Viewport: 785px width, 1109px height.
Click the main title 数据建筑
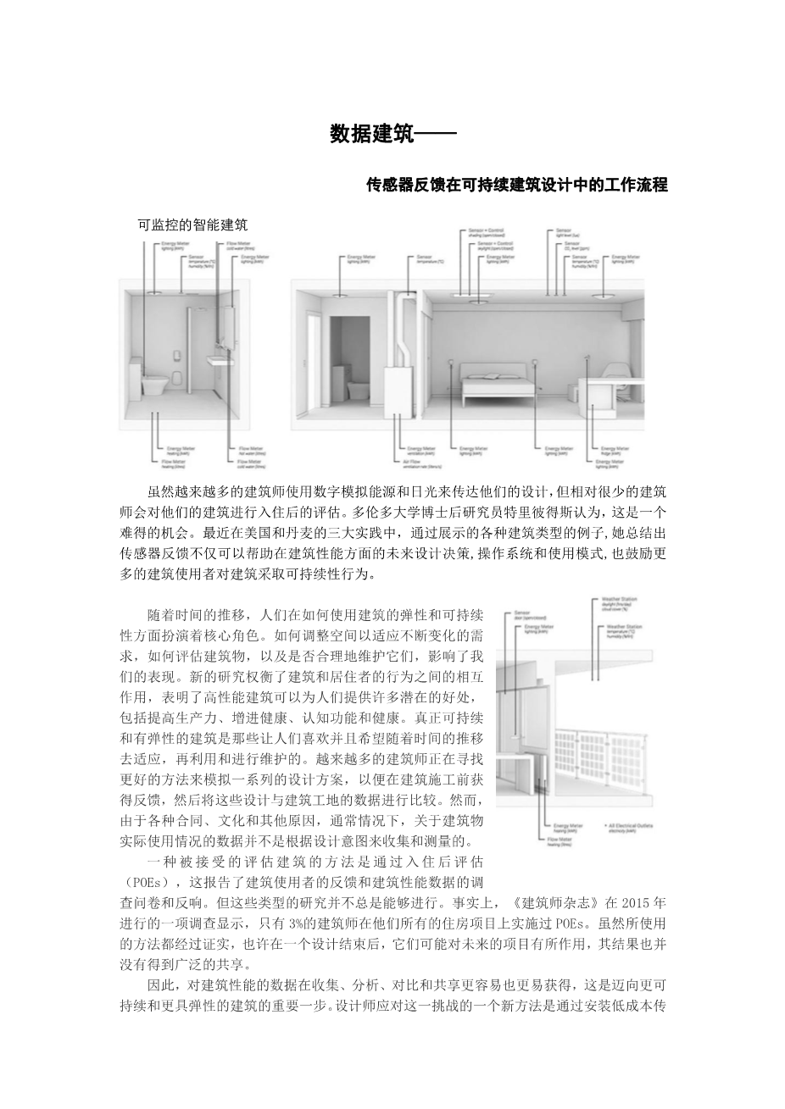tap(371, 135)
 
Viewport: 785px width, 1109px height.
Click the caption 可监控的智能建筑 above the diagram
tap(192, 225)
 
